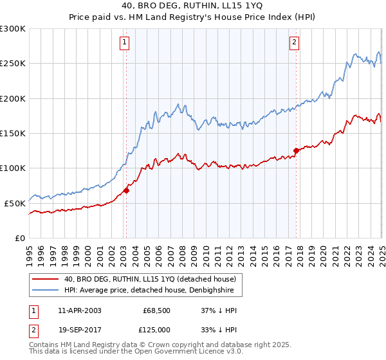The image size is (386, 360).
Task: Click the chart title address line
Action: pyautogui.click(x=192, y=7)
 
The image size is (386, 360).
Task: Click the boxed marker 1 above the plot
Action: pyautogui.click(x=124, y=43)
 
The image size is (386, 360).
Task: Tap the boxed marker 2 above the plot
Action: pyautogui.click(x=294, y=43)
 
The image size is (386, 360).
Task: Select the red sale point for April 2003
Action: pyautogui.click(x=127, y=190)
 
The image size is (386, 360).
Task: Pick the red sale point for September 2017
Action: pyautogui.click(x=296, y=150)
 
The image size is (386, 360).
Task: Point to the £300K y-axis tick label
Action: pyautogui.click(x=13, y=29)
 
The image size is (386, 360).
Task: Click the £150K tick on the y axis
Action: pyautogui.click(x=13, y=133)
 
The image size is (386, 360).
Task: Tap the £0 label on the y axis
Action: pyautogui.click(x=20, y=238)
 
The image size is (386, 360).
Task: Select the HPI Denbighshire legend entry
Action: pyautogui.click(x=153, y=291)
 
